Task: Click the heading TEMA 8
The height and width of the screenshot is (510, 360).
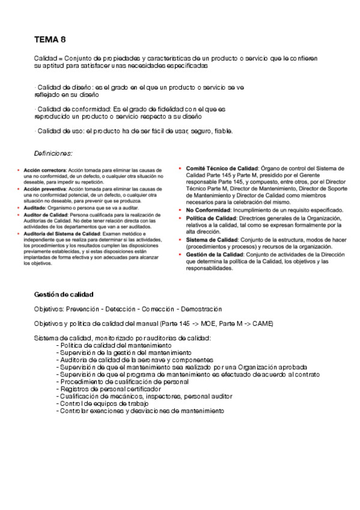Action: pos(50,40)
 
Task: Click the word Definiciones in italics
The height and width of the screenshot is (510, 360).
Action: pos(53,154)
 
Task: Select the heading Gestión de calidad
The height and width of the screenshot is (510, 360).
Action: pos(64,294)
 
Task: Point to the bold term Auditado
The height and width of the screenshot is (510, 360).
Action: pos(34,207)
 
